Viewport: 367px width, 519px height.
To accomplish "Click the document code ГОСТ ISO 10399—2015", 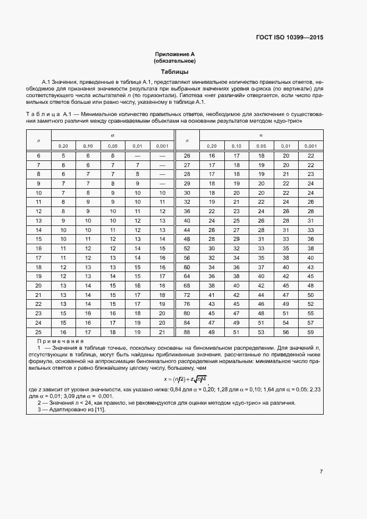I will tap(289, 38).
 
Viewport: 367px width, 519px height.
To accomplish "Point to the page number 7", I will tap(321, 472).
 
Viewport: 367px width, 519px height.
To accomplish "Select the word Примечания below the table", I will tap(60, 341).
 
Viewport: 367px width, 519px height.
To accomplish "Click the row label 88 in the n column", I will tap(187, 332).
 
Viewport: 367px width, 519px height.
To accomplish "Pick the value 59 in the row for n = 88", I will tap(310, 332).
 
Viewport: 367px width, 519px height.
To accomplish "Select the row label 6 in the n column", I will tap(38, 156).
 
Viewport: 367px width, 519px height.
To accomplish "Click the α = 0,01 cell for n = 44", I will tap(286, 230).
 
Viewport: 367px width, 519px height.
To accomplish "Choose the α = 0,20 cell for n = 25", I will tap(63, 332).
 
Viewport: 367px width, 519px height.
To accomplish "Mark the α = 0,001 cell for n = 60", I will tap(310, 267).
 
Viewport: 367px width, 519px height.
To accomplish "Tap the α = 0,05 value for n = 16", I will tap(113, 249).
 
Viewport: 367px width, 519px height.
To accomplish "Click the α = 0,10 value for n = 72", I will tap(237, 295).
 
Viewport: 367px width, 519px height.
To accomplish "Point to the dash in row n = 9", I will tap(162, 184).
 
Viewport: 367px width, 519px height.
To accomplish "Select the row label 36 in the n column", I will tap(187, 211).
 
